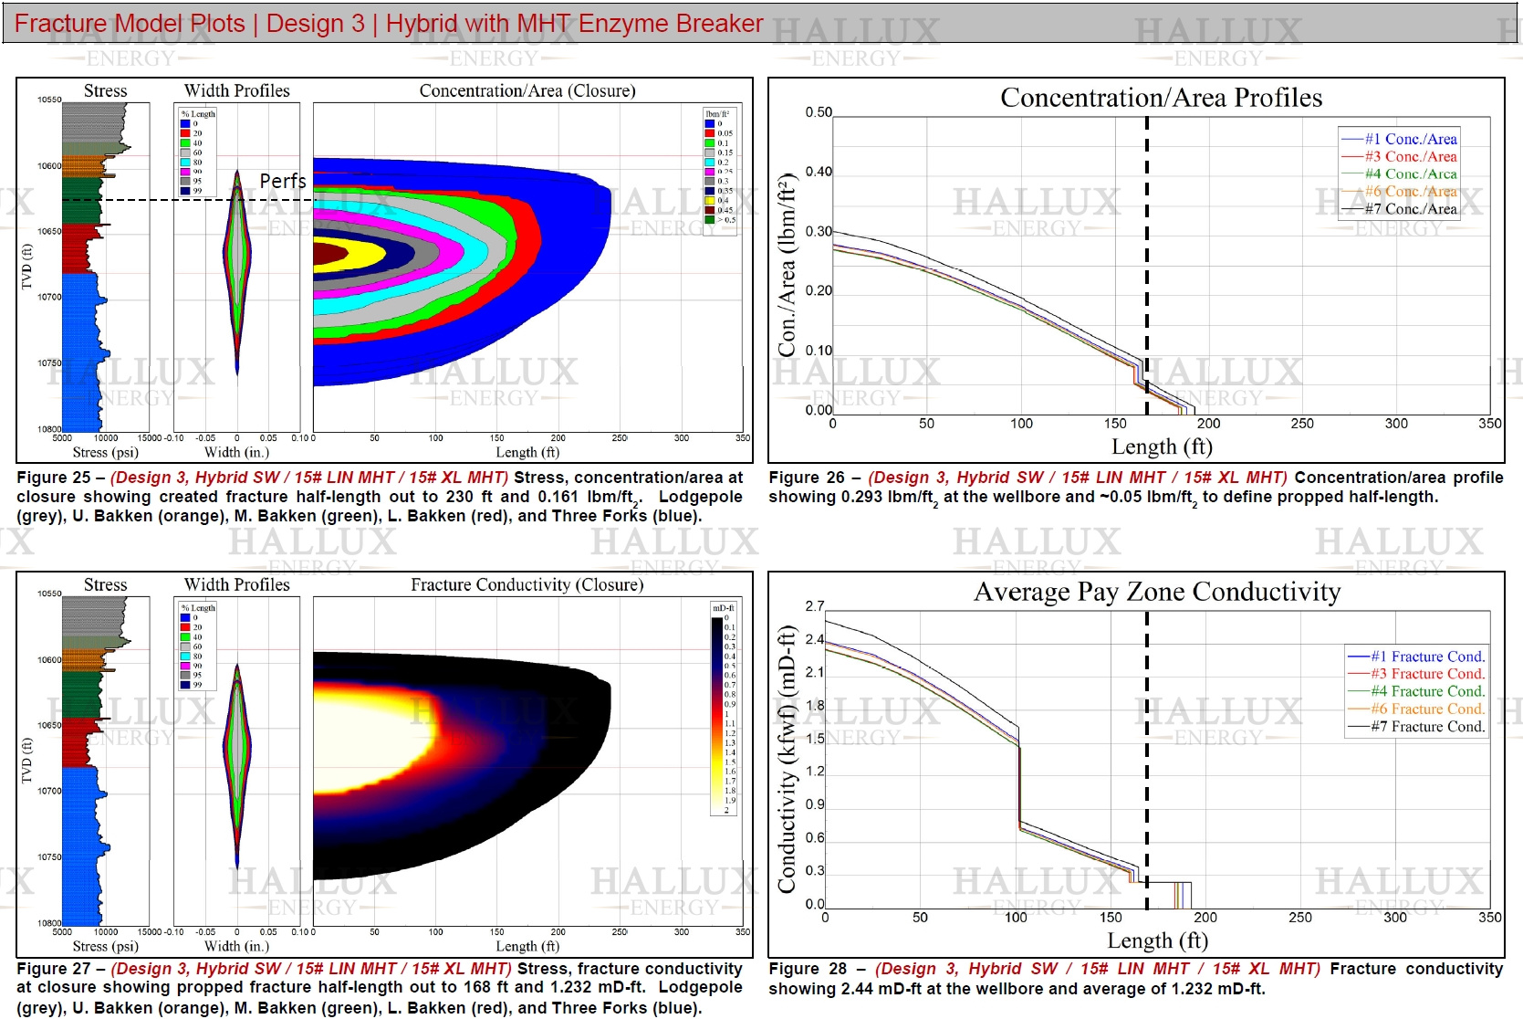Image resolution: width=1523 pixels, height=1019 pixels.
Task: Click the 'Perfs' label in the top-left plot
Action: [283, 181]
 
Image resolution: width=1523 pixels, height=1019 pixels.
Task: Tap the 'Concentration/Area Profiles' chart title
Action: [1161, 98]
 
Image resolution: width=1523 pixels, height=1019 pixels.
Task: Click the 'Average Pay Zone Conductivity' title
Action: [1157, 592]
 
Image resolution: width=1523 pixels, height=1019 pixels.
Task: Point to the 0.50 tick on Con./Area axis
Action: [819, 113]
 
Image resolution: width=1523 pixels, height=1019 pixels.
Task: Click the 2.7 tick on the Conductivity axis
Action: [815, 606]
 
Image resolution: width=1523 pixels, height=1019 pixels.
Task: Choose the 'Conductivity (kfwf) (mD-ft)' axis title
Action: [787, 759]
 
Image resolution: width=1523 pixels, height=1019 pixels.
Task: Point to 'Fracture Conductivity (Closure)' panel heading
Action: [527, 584]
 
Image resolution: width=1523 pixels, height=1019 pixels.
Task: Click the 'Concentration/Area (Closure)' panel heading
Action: [527, 90]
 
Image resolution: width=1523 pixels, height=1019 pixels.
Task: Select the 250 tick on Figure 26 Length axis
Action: [1302, 424]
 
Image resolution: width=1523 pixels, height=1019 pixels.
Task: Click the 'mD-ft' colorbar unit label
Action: [723, 608]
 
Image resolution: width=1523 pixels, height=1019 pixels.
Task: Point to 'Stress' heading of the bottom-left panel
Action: [105, 584]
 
